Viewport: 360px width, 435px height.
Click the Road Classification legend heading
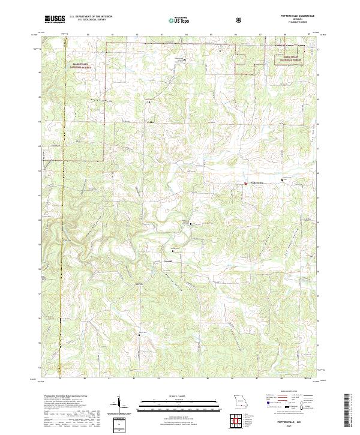coord(284,394)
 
